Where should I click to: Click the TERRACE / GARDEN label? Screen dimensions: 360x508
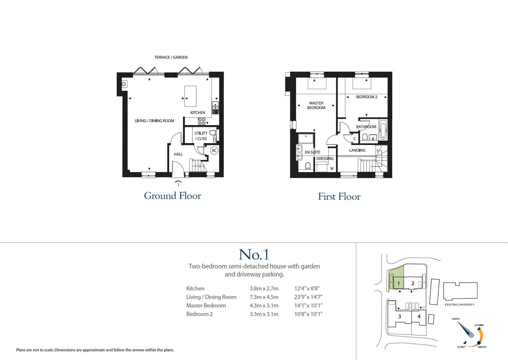[171, 57]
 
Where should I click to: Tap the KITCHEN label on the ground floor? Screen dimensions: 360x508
[198, 113]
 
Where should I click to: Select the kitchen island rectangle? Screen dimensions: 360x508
[190, 96]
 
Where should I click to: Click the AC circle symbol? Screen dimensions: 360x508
[214, 151]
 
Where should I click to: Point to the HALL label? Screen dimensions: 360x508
[178, 154]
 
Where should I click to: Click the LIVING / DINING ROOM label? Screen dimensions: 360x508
[154, 121]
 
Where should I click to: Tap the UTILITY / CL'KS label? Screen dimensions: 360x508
[201, 136]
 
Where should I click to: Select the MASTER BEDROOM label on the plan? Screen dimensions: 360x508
[316, 105]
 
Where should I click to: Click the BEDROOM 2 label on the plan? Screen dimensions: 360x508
[366, 97]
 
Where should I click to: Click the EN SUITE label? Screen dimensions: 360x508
[312, 152]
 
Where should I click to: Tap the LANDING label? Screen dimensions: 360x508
[357, 150]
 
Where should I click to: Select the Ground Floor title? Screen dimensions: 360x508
[173, 196]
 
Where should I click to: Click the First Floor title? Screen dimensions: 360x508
[339, 197]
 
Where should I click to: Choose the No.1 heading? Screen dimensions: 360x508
[254, 255]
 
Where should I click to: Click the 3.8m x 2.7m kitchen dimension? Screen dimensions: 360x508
[264, 289]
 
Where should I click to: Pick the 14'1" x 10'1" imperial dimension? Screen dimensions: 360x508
[308, 306]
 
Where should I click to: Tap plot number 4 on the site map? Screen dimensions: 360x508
[419, 316]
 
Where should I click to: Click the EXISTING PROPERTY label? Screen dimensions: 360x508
[459, 305]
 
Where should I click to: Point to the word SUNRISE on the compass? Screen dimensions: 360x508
[479, 325]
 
